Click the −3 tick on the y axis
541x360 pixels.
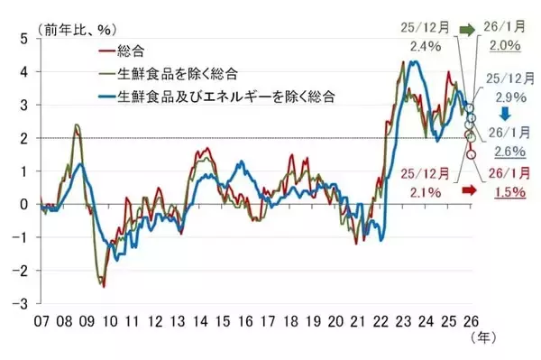[x=21, y=303]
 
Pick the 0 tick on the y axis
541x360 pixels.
[x=24, y=204]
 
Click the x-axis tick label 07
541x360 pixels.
[x=41, y=322]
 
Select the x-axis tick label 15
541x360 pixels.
[x=222, y=322]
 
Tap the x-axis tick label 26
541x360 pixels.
[x=471, y=322]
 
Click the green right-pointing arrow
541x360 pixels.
[x=467, y=30]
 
